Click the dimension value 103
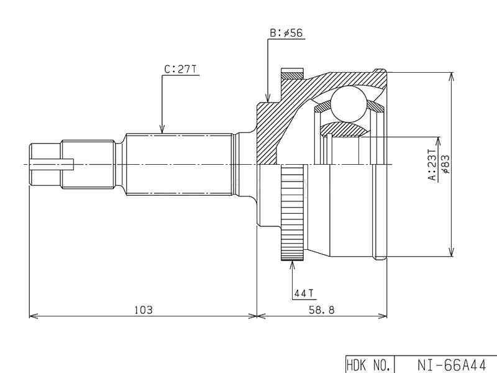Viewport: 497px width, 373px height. [x=144, y=309]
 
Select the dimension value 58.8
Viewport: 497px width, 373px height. [x=322, y=309]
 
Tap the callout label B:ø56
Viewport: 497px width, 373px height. [x=286, y=33]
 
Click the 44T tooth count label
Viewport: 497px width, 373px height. [x=304, y=292]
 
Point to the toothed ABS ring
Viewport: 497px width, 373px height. [x=292, y=211]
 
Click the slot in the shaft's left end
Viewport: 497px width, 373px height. [x=52, y=164]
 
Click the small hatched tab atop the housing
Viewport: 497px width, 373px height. [x=292, y=75]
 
